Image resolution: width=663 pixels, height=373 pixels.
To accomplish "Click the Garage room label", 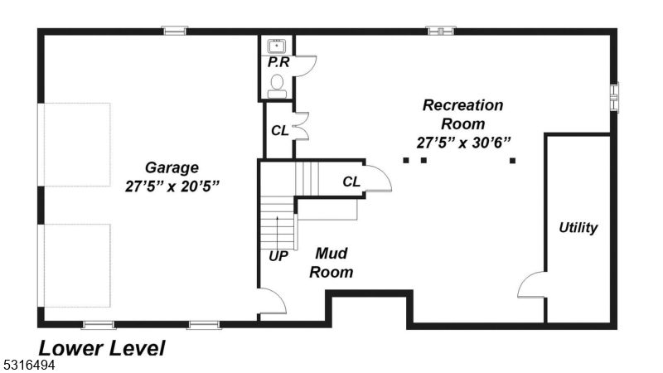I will (x=172, y=167).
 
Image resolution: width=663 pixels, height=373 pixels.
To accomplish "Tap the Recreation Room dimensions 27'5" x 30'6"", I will (x=463, y=142).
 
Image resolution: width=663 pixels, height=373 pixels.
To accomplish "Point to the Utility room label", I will (x=578, y=228).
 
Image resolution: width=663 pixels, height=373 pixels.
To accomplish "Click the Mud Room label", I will (x=331, y=263).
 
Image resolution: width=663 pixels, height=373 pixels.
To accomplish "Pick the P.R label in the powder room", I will (x=277, y=61).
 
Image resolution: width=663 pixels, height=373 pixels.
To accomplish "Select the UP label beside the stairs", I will (x=278, y=256).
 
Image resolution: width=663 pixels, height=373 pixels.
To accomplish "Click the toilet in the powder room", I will (x=278, y=84).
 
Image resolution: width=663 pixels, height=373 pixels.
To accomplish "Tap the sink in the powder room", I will (x=277, y=45).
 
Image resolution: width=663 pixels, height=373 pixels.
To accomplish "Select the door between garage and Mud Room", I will (x=272, y=303).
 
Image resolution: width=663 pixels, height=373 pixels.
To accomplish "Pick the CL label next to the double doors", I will (x=279, y=130).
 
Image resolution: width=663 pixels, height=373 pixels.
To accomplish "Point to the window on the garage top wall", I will (x=174, y=31).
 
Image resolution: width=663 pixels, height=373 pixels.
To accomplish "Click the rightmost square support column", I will (x=512, y=160).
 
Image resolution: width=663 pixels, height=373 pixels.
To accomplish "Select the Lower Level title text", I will (x=101, y=348).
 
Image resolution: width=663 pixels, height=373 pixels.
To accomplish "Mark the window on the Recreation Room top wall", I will (x=440, y=31).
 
